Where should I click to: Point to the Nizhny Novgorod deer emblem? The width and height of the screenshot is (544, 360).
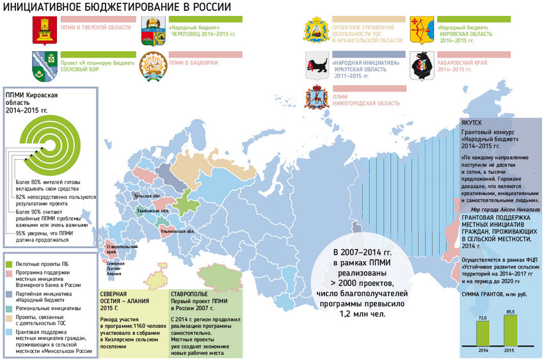tap(316, 99)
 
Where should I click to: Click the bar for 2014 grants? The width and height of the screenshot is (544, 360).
tap(482, 333)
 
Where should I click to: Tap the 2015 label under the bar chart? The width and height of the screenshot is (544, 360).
tap(509, 351)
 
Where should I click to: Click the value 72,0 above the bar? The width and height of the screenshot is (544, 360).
tap(482, 317)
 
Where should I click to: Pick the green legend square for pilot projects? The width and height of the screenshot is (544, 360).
tap(9, 263)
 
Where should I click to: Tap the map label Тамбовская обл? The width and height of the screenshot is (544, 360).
tap(153, 210)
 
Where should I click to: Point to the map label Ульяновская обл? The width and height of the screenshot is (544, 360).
tap(177, 231)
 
